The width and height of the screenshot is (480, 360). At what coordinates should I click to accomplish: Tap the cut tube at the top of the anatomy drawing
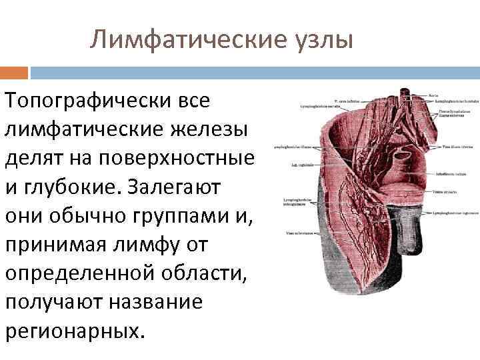(x=405, y=95)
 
